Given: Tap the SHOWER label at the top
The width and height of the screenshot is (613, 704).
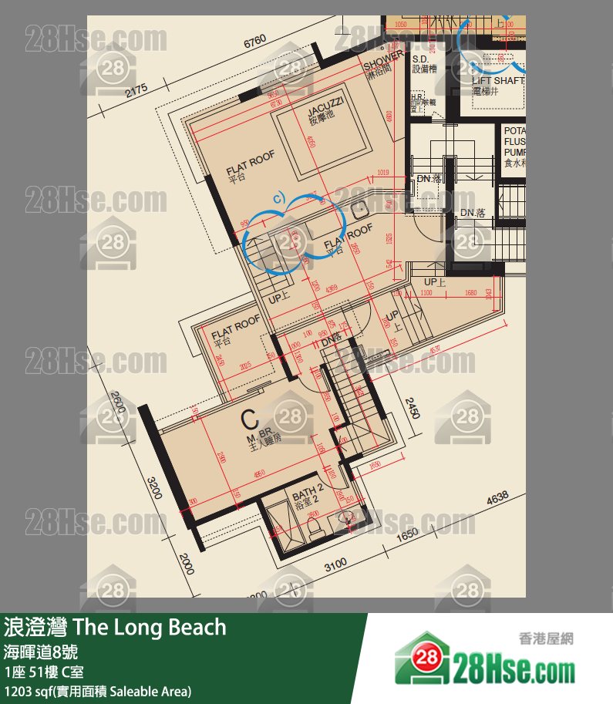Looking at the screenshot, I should click(382, 58).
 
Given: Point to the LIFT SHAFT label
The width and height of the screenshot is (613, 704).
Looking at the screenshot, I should click(498, 80).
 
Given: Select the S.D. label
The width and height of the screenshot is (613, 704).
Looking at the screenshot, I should click(420, 59).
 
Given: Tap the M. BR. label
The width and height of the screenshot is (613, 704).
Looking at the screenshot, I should click(258, 439).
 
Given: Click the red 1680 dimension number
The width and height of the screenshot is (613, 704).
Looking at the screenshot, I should click(471, 293).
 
